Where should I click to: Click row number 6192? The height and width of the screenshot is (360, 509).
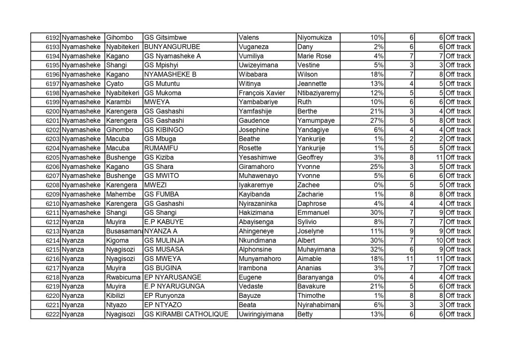(x=52, y=38)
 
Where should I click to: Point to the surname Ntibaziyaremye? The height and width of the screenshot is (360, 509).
(x=318, y=93)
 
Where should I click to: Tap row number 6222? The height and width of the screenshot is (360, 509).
(x=52, y=314)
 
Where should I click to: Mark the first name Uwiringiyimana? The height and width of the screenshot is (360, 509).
(x=261, y=314)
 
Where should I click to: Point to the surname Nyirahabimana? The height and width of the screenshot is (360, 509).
(x=318, y=305)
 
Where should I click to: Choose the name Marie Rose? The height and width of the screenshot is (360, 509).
(x=314, y=56)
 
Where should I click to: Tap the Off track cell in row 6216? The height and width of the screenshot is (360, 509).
(x=458, y=259)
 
